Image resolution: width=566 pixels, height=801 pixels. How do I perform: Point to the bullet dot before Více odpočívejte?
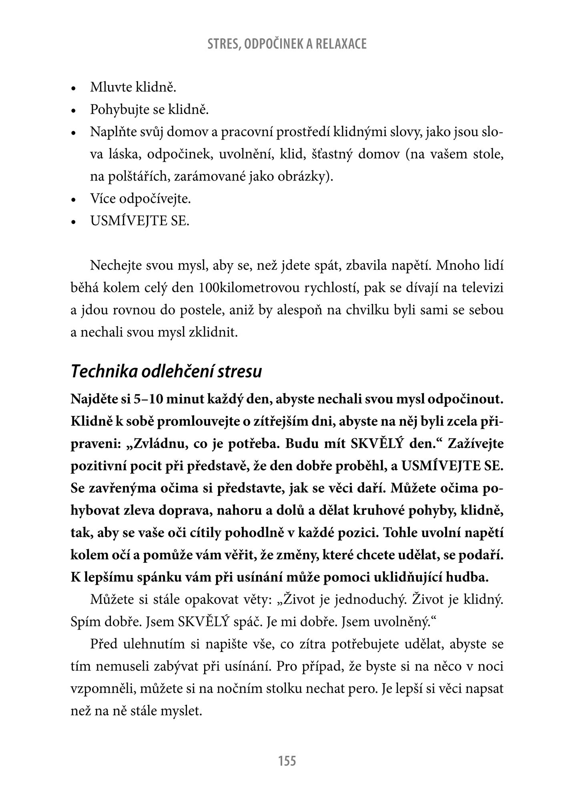tap(73, 199)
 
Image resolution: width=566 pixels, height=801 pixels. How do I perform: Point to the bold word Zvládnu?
tap(159, 444)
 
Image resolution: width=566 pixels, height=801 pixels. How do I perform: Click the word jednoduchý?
tap(370, 600)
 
